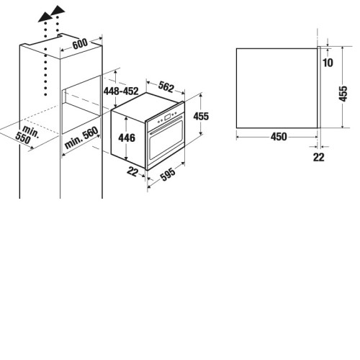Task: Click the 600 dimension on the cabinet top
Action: (x=80, y=44)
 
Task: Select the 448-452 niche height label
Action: (x=121, y=91)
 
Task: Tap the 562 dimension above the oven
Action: (x=166, y=87)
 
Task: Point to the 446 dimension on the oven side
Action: (x=127, y=138)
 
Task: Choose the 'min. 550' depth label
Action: (x=27, y=135)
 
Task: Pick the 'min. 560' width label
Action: (x=81, y=138)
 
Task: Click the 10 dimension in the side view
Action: (x=328, y=63)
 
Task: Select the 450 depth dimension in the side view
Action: (x=279, y=137)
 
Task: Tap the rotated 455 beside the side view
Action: (x=343, y=94)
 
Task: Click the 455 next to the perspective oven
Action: (x=201, y=116)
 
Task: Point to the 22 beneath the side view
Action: (x=319, y=157)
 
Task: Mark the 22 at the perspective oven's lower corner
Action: (x=132, y=171)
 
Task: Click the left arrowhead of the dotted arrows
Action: (x=45, y=17)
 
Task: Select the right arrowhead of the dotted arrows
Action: (x=58, y=9)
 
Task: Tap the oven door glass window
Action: (x=166, y=141)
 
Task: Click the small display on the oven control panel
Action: (x=168, y=117)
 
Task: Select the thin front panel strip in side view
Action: (x=319, y=87)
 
